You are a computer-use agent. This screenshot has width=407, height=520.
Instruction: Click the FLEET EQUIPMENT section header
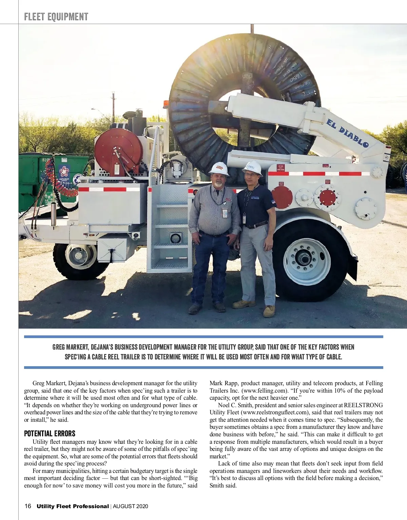tap(56, 17)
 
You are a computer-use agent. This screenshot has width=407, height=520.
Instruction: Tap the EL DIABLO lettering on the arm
tap(347, 133)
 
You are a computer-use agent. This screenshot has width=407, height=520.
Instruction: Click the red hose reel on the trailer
tap(118, 151)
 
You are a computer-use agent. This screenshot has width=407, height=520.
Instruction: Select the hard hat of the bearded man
tap(219, 168)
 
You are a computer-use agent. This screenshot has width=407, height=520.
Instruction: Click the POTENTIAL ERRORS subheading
tap(50, 434)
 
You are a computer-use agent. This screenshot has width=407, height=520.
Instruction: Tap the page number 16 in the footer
tap(28, 506)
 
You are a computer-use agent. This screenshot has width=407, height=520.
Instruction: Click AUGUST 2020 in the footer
tap(131, 506)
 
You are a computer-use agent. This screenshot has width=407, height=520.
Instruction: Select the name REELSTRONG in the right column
tap(363, 405)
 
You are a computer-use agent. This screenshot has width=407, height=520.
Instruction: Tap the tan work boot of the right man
tap(269, 311)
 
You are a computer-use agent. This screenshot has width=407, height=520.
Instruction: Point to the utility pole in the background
tap(113, 107)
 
